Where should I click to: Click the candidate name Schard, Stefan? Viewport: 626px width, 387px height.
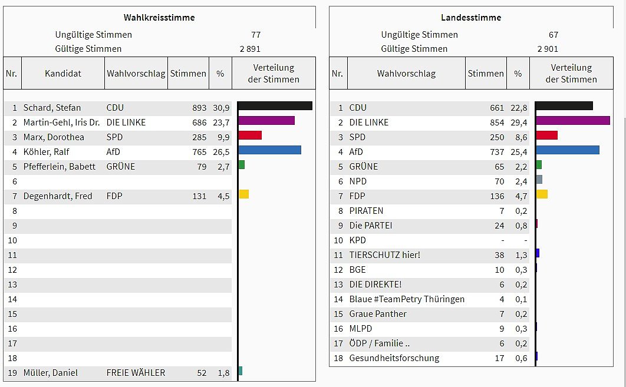52,108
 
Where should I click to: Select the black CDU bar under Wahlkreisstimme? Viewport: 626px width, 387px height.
275,106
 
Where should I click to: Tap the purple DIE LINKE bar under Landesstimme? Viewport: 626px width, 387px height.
573,121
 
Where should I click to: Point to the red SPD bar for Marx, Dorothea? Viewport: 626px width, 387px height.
250,135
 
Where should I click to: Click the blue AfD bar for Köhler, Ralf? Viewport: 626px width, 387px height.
269,150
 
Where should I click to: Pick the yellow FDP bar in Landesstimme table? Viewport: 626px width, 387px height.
542,194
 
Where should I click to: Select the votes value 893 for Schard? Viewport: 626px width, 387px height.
199,108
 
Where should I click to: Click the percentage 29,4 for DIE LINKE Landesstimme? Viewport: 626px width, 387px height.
520,123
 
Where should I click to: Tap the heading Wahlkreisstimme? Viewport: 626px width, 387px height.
159,18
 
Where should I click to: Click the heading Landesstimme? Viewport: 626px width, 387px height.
471,18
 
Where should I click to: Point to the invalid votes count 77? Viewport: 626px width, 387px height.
255,35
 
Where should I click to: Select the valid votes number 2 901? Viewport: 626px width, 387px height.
548,49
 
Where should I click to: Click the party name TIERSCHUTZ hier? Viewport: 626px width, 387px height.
385,255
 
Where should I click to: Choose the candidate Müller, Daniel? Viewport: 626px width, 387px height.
50,373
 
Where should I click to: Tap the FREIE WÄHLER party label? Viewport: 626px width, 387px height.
136,373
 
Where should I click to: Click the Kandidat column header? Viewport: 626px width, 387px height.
63,74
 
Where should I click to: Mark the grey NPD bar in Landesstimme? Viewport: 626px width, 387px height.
539,180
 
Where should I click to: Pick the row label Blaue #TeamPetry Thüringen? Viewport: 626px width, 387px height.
407,299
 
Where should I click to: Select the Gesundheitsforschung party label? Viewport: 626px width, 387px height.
394,358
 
